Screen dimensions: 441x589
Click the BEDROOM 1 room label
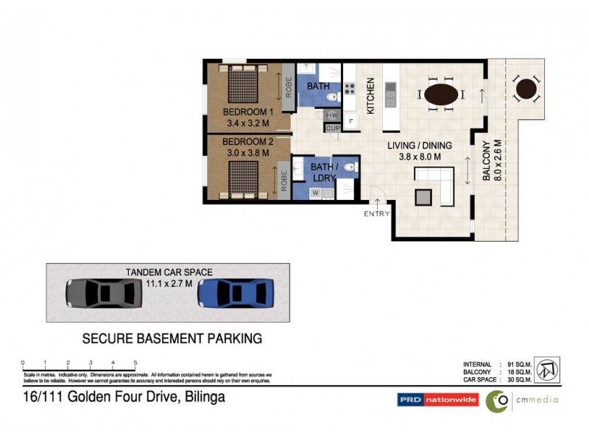pyautogui.click(x=248, y=112)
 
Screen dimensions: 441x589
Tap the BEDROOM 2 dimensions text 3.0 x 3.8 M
pyautogui.click(x=246, y=152)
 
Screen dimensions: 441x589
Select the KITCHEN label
pyautogui.click(x=371, y=96)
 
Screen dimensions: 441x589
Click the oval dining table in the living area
pyautogui.click(x=442, y=94)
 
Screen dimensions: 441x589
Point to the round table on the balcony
pyautogui.click(x=526, y=89)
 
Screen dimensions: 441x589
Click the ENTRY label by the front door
pyautogui.click(x=375, y=214)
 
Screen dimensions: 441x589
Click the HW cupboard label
pyautogui.click(x=332, y=115)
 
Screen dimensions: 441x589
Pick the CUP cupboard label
pyautogui.click(x=332, y=128)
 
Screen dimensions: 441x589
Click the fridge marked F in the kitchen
pyautogui.click(x=351, y=121)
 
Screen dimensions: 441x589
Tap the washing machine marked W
pyautogui.click(x=315, y=193)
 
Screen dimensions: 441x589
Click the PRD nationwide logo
pyautogui.click(x=438, y=400)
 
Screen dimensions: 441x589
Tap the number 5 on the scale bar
pyautogui.click(x=135, y=362)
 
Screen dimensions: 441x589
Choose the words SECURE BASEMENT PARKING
pyautogui.click(x=172, y=339)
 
